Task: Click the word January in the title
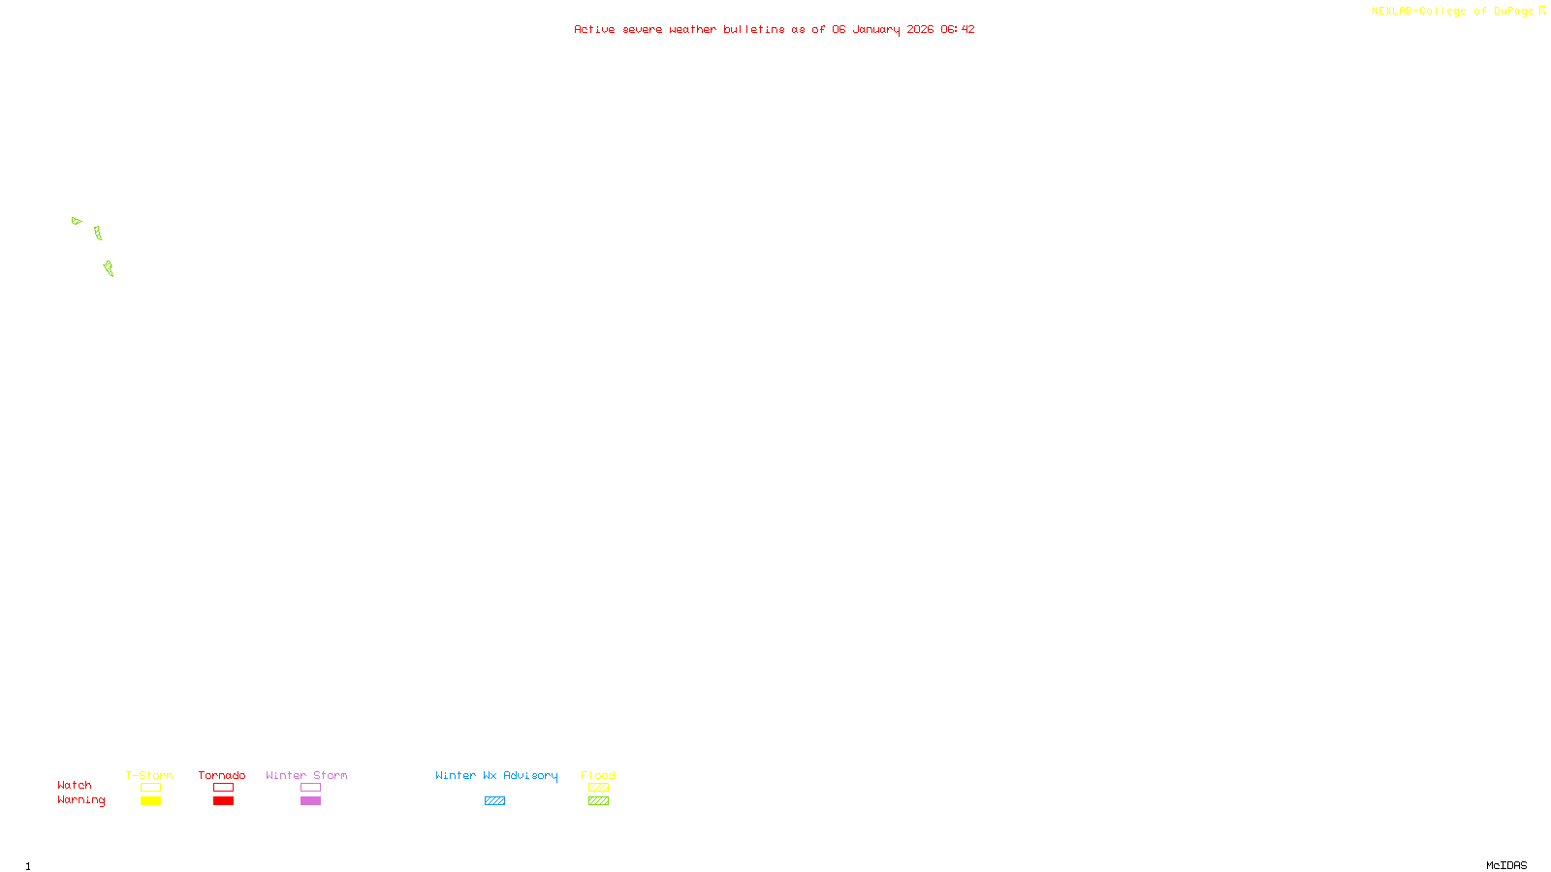point(875,29)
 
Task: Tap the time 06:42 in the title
point(957,29)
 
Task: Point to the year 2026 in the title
point(920,29)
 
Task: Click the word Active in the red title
point(594,29)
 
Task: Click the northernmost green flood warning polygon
point(77,221)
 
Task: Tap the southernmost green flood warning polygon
point(109,268)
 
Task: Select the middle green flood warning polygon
point(98,234)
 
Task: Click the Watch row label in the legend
point(75,786)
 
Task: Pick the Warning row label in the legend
point(81,800)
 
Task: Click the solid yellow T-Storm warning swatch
point(150,801)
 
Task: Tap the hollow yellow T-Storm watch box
point(150,788)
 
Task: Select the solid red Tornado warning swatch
point(223,801)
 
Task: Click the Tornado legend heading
point(222,775)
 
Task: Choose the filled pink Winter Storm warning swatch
point(310,801)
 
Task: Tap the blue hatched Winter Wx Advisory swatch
point(494,801)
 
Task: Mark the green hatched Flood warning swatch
point(598,801)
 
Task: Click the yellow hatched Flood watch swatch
point(598,788)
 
